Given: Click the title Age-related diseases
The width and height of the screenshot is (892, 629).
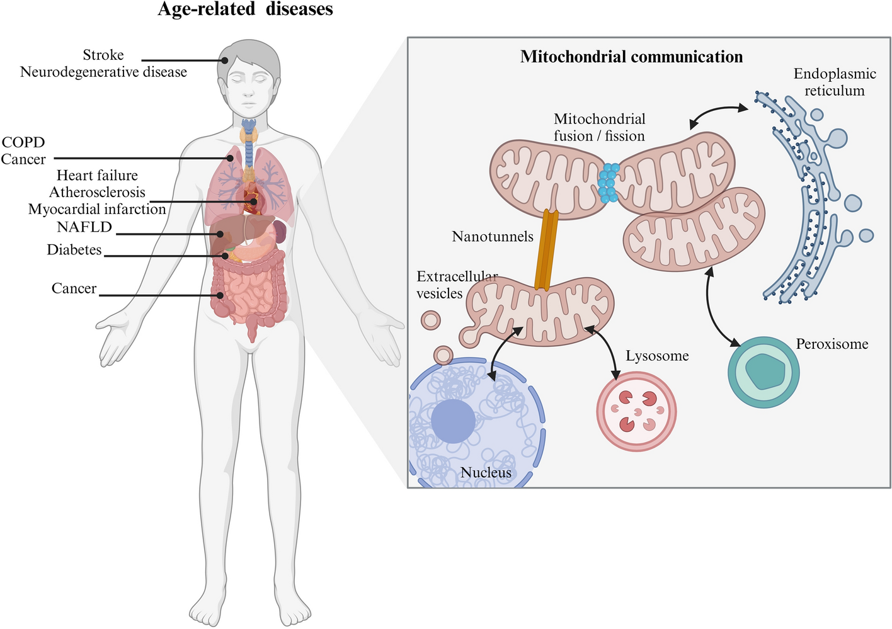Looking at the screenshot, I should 245,9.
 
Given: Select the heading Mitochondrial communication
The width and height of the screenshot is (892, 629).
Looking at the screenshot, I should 631,57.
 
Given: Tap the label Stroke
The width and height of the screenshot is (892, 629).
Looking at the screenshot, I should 103,55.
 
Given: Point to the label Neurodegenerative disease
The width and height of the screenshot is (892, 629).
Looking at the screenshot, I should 103,72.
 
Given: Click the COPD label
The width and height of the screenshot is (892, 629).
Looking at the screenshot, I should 23,142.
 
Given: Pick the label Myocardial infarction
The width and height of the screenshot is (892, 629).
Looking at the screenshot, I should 97,209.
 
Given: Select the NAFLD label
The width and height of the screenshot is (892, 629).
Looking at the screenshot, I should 84,227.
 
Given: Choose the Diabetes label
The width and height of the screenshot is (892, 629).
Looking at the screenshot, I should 74,250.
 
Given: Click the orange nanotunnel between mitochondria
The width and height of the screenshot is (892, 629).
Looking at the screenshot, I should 546,249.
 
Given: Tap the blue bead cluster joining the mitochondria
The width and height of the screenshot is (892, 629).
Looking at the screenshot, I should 608,183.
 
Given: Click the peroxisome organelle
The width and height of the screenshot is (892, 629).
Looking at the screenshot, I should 763,371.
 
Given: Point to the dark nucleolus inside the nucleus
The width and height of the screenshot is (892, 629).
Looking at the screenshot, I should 453,421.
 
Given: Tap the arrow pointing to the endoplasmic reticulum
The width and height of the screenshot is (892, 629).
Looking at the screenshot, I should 718,113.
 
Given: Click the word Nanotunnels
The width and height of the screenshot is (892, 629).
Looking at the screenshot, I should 493,237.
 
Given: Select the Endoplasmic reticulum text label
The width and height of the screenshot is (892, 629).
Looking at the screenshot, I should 835,82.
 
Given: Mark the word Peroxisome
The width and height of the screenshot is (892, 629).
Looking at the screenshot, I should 832,344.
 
